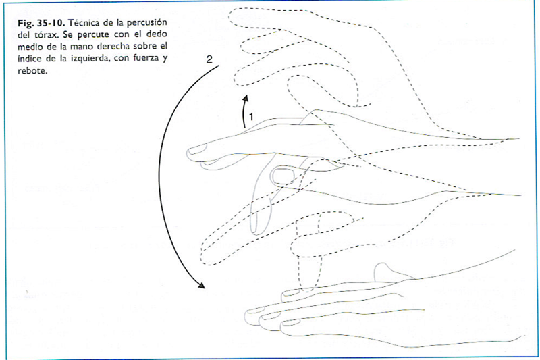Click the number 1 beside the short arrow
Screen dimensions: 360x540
(x=250, y=117)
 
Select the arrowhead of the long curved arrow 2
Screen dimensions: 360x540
(x=201, y=286)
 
